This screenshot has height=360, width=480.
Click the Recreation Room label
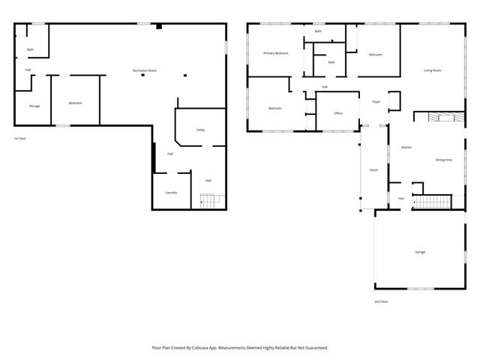tap(145, 70)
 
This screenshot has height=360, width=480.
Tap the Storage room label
tap(34, 106)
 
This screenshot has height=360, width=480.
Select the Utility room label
tap(200, 130)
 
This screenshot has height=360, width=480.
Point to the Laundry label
tap(171, 193)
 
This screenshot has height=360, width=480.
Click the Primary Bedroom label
tap(275, 53)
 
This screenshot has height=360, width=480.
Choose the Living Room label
tap(432, 70)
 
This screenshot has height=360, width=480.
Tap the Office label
tap(337, 113)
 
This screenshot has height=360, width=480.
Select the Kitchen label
tap(406, 147)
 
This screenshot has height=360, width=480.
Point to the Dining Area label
tap(443, 160)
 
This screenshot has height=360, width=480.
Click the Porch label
tap(373, 170)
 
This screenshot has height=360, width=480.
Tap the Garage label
tap(420, 252)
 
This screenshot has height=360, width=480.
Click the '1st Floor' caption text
tap(20, 139)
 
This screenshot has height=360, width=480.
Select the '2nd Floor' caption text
tap(381, 301)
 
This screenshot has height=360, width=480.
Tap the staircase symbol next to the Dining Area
tap(434, 201)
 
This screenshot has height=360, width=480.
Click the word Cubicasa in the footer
tap(201, 347)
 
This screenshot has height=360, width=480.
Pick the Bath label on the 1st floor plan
tap(30, 49)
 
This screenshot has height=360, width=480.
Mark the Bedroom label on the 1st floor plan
tap(75, 103)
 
